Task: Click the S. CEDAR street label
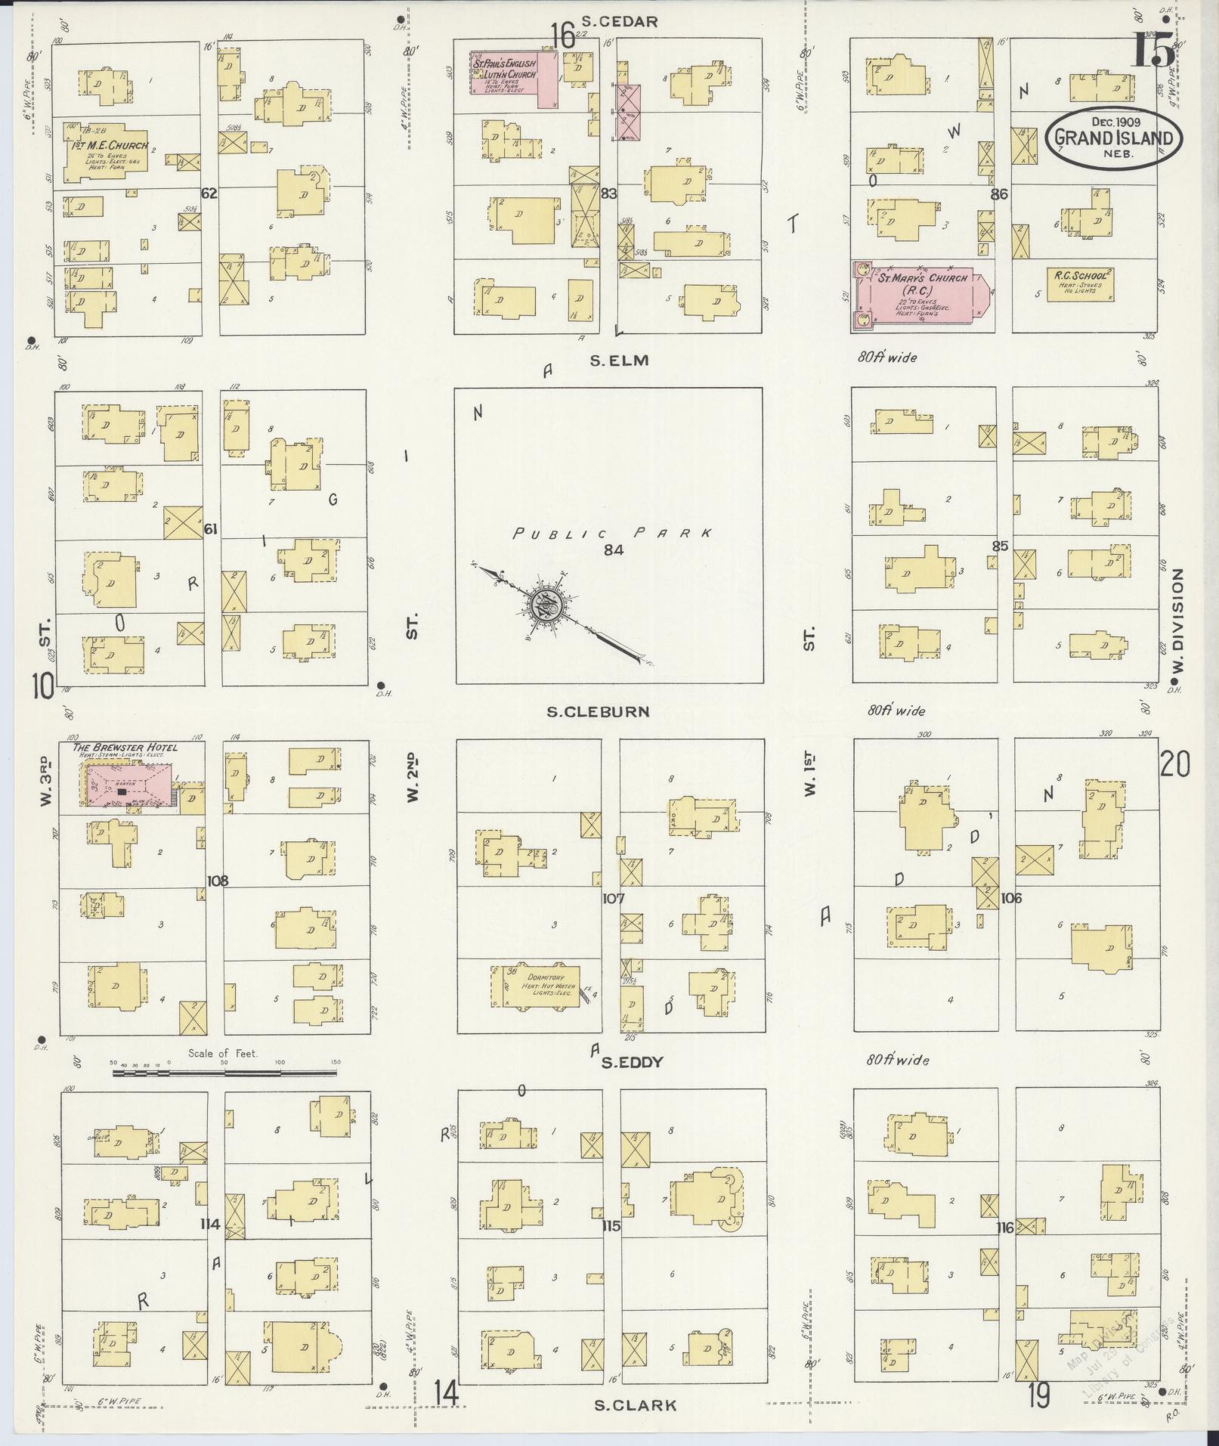pyautogui.click(x=620, y=21)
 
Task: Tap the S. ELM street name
pyautogui.click(x=619, y=361)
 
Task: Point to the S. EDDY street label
pyautogui.click(x=632, y=1062)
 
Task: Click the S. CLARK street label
pyautogui.click(x=635, y=1405)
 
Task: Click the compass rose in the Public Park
pyautogui.click(x=544, y=605)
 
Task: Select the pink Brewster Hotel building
pyautogui.click(x=128, y=785)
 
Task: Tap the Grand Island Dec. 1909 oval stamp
pyautogui.click(x=1114, y=138)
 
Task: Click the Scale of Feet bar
pyautogui.click(x=227, y=1071)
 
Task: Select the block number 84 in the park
pyautogui.click(x=613, y=550)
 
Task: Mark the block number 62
pyautogui.click(x=209, y=194)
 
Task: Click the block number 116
pyautogui.click(x=1004, y=1227)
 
